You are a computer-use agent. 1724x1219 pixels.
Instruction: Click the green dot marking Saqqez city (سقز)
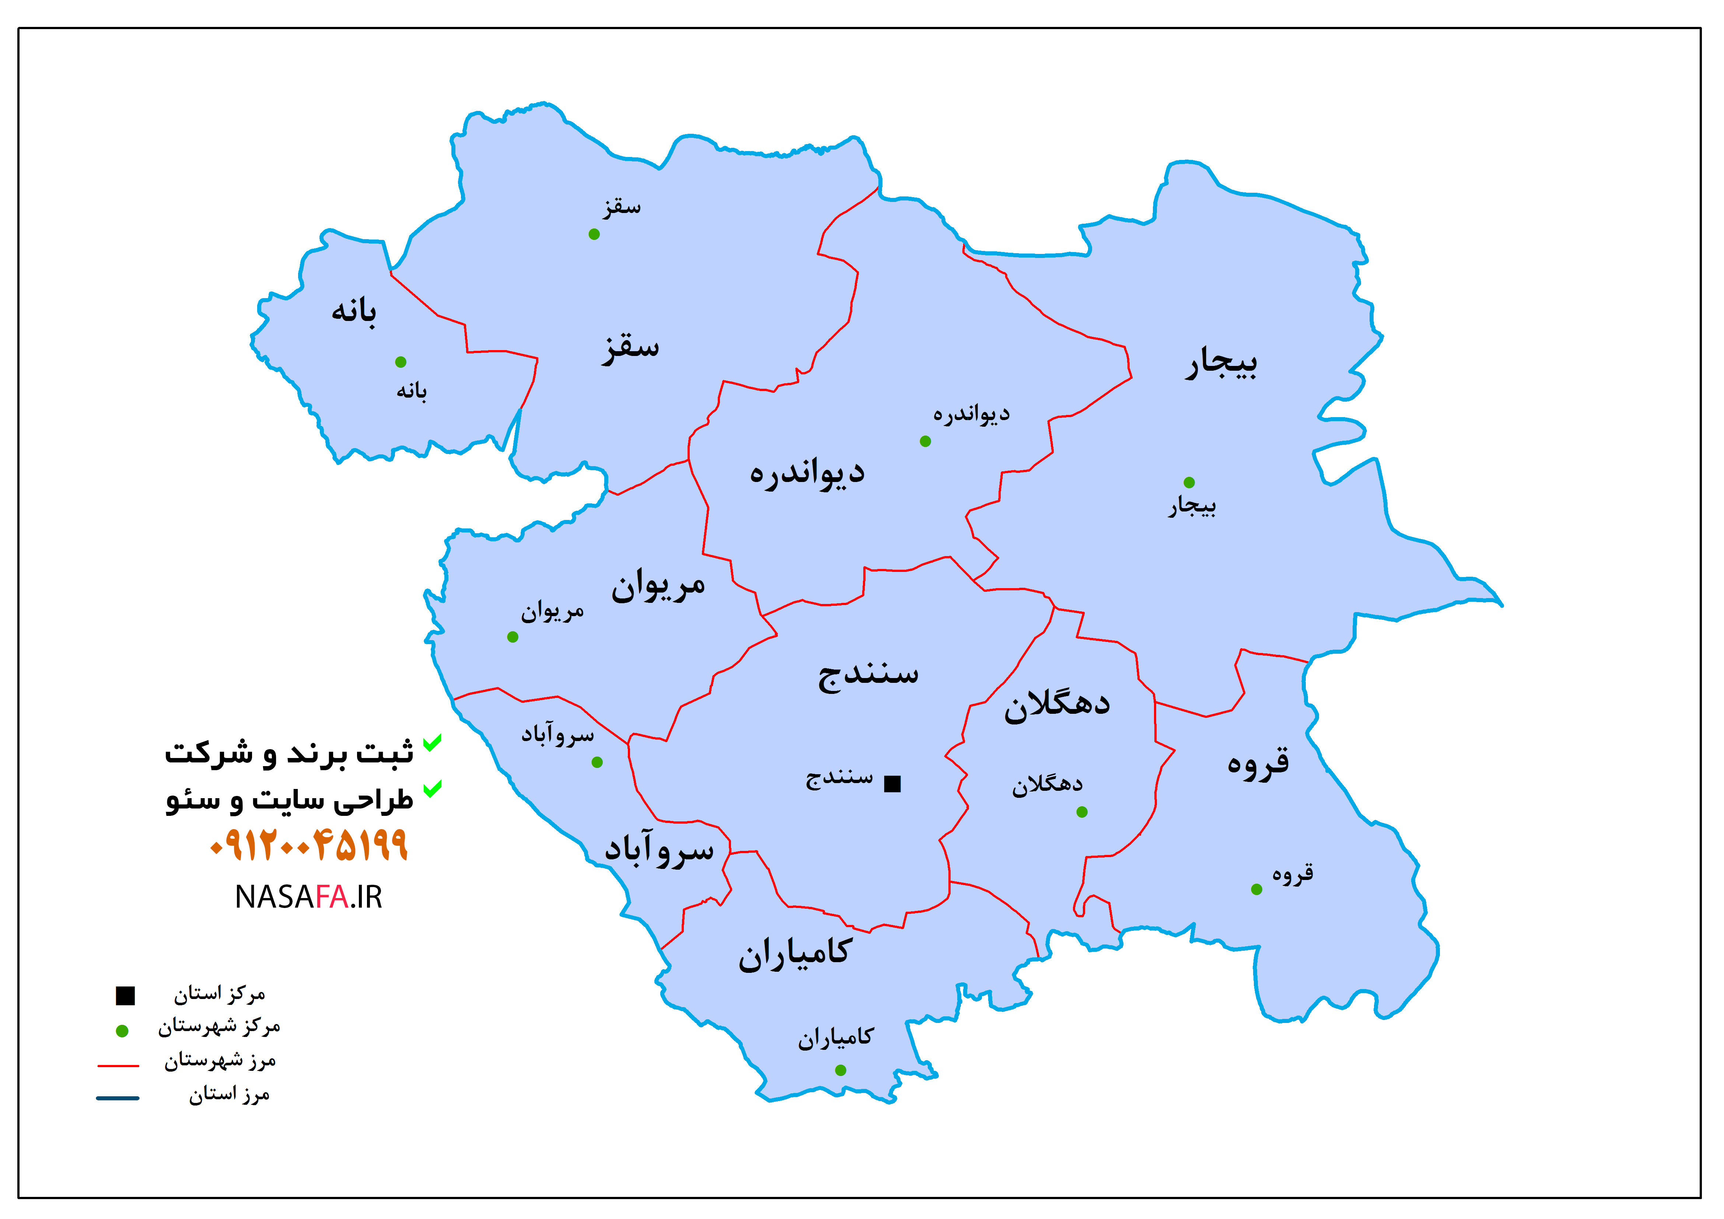(594, 234)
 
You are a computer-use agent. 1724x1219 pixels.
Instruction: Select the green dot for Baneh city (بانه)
(401, 362)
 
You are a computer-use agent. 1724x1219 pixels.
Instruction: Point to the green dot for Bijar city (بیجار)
(1189, 482)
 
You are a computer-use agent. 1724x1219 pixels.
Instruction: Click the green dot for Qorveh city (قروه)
(1256, 889)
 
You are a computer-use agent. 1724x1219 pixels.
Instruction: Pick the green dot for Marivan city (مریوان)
(513, 637)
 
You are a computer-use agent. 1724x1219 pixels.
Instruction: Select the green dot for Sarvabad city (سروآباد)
(597, 762)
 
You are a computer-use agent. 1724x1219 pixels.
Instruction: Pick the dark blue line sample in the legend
(118, 1098)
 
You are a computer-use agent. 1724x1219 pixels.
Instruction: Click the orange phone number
(309, 845)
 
